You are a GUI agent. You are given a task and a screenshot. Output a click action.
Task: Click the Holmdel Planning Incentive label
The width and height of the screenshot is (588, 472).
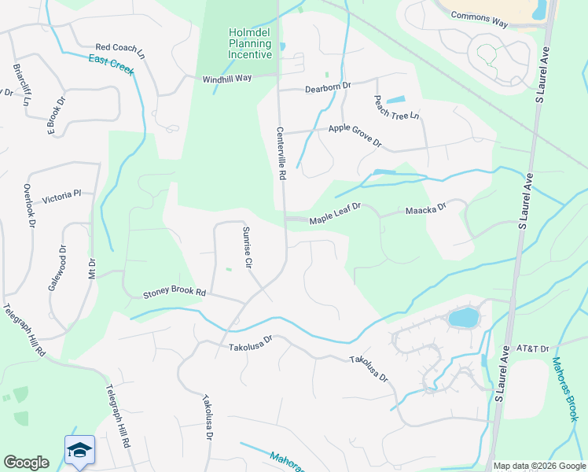pos(250,44)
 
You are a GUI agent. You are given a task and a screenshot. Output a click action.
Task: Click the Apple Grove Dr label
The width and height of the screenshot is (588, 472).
pos(355,135)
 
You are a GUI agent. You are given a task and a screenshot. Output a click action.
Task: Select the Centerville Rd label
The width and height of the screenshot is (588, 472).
pos(280,153)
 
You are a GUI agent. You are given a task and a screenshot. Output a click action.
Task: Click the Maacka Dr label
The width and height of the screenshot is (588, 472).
pos(425,209)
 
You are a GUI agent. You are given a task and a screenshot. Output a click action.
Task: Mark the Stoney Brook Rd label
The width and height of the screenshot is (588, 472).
pos(174,293)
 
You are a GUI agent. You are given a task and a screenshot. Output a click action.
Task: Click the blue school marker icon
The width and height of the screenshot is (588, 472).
pos(79,450)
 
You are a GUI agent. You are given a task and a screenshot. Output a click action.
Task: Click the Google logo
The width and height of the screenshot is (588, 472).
pos(26,463)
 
